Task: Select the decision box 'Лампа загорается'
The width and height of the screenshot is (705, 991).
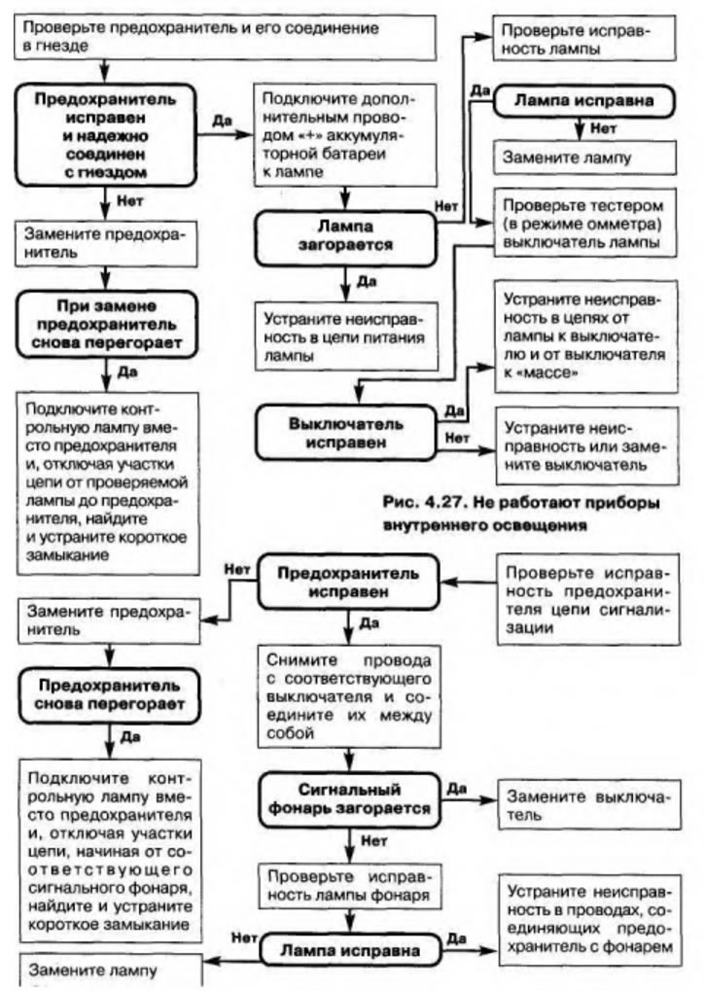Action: click(x=341, y=233)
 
